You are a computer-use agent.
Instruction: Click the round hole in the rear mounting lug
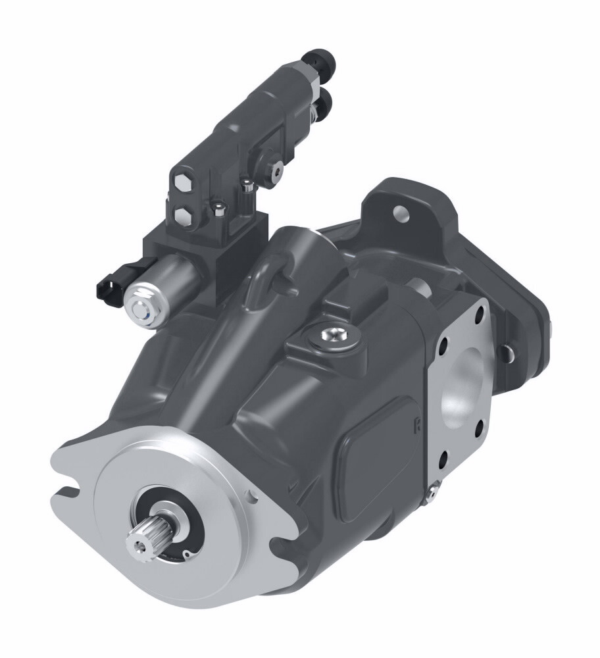click(x=399, y=213)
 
